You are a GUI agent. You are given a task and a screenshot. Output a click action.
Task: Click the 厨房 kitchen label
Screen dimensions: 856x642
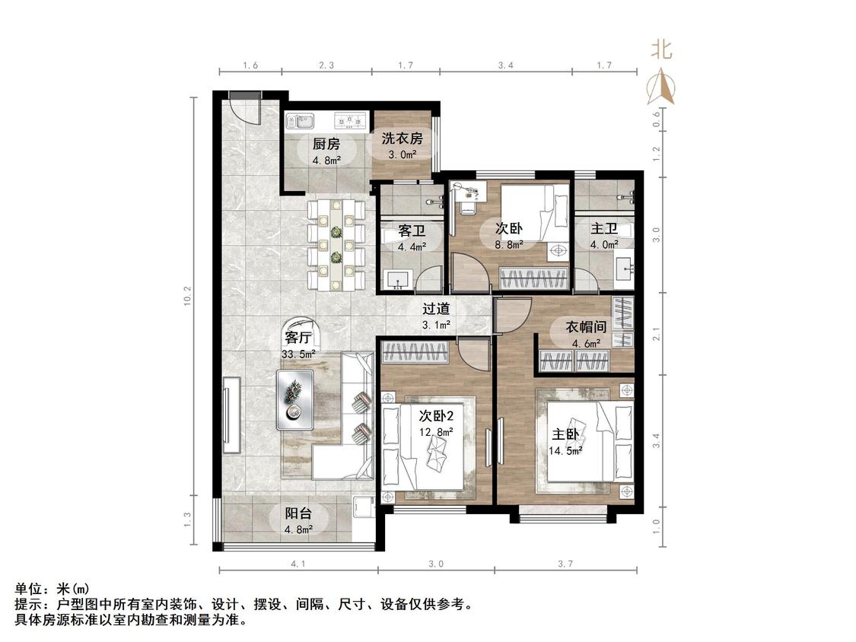(326, 144)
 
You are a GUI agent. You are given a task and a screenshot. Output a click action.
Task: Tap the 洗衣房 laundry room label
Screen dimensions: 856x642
(402, 138)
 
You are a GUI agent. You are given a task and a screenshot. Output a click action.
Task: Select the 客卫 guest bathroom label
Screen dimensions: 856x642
(412, 231)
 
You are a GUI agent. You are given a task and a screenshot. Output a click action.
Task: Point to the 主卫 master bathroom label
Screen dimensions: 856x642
(604, 228)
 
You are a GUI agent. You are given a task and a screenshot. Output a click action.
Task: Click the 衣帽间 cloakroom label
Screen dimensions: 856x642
(586, 327)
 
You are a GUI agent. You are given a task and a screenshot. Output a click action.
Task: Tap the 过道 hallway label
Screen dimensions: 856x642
(436, 308)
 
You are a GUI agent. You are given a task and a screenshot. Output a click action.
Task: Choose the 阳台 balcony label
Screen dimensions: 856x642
(298, 513)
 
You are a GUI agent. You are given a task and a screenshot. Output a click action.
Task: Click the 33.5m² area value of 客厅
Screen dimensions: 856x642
(298, 354)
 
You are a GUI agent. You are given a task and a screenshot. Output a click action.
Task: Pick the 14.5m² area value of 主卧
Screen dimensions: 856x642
(565, 451)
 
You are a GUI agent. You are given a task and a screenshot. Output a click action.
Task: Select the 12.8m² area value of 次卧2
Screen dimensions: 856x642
(436, 432)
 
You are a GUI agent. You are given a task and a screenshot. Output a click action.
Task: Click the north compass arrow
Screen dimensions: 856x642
(660, 86)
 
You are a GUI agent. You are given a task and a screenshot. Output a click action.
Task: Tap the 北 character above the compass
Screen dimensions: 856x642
(661, 50)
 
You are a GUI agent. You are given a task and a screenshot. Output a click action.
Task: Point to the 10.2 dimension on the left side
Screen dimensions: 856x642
(188, 295)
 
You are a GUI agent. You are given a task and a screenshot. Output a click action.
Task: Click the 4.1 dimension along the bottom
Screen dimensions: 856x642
(298, 564)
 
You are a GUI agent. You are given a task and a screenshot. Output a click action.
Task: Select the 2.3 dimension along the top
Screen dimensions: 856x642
(326, 65)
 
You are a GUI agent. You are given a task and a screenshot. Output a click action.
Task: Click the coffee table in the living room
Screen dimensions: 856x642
(294, 400)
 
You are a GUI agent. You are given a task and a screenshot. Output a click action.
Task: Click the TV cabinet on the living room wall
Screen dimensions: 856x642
(232, 415)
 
